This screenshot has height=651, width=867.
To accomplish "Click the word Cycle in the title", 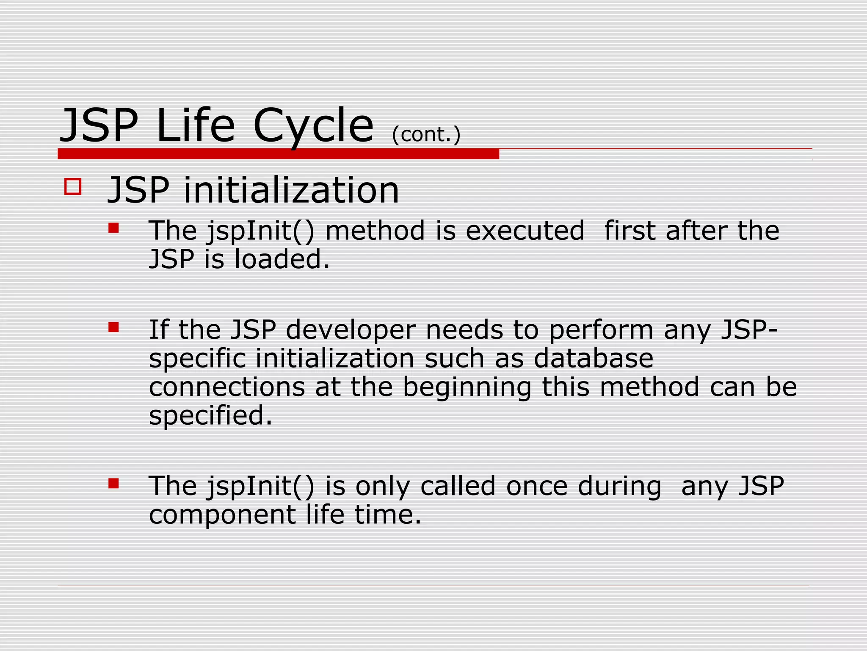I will [313, 126].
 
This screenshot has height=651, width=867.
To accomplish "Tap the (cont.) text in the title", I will [426, 135].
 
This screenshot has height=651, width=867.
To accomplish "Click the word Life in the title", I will [195, 126].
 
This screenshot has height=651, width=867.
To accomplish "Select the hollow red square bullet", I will [73, 186].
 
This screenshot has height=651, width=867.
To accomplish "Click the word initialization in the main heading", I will [291, 190].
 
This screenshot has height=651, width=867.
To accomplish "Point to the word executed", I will [525, 231].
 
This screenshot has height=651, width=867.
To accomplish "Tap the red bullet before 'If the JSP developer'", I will [113, 327].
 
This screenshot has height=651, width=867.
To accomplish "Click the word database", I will [594, 359].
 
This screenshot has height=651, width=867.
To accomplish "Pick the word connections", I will [227, 387].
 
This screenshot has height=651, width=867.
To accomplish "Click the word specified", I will [210, 416].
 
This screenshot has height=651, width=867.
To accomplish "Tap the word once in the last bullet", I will [536, 486].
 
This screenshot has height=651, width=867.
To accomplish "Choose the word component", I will [222, 515].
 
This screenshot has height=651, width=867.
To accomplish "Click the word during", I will [619, 486].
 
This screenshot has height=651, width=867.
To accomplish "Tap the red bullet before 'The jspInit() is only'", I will [113, 484].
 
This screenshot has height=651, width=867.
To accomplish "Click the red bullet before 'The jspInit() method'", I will [113, 228].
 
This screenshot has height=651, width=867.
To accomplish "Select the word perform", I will [601, 331].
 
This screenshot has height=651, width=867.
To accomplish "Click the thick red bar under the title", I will [278, 154].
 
